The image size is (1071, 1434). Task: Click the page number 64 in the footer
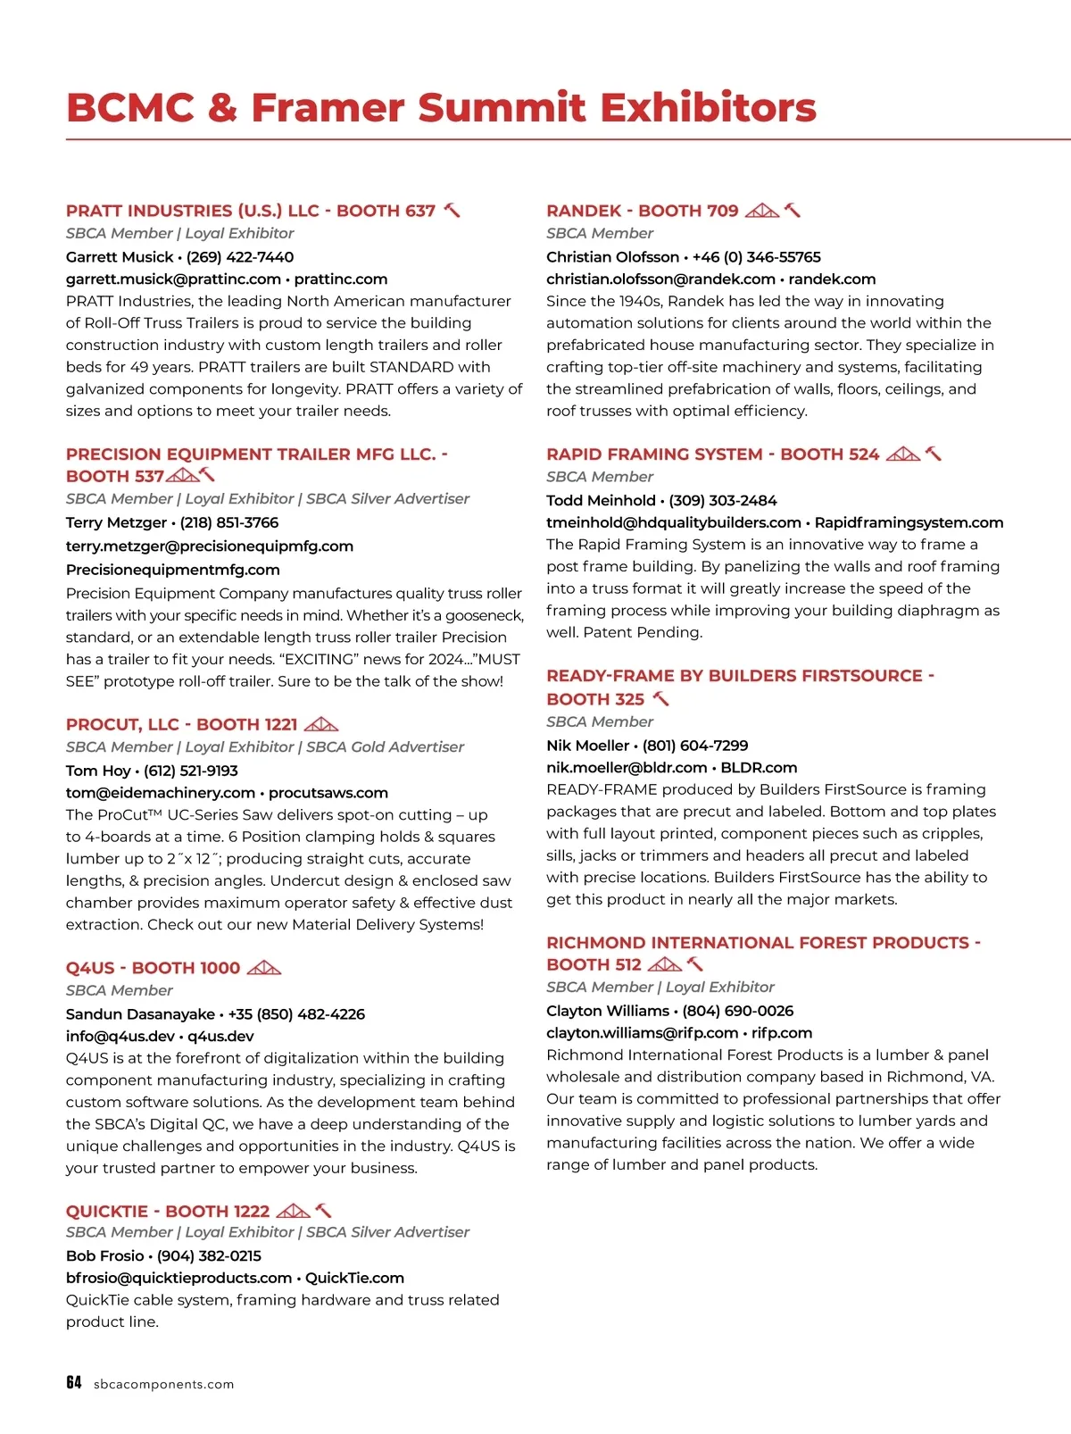[x=73, y=1382]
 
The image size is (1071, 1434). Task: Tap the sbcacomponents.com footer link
[x=163, y=1384]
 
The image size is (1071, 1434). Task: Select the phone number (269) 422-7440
[x=240, y=257]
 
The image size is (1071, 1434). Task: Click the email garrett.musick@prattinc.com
[x=173, y=279]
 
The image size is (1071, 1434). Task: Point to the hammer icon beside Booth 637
[x=452, y=211]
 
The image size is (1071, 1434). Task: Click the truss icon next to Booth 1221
[x=321, y=724]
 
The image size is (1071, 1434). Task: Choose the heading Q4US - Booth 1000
[x=153, y=968]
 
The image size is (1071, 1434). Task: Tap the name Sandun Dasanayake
[x=140, y=1014]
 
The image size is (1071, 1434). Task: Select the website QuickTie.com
[x=354, y=1278]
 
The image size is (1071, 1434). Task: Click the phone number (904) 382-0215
[x=209, y=1255]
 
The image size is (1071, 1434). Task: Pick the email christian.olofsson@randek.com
[x=660, y=279]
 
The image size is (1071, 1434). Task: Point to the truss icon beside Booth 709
[x=762, y=211]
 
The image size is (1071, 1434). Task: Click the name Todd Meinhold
[x=601, y=500]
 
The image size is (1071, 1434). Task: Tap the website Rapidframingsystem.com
[x=909, y=522]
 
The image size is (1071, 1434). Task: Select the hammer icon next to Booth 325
[x=661, y=698]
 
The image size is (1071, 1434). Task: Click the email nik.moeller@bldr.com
[x=627, y=767]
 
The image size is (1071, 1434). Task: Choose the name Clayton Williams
[x=607, y=1011]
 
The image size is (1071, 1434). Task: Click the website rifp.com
[x=782, y=1033]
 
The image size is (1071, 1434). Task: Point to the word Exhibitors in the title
[x=708, y=108]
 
